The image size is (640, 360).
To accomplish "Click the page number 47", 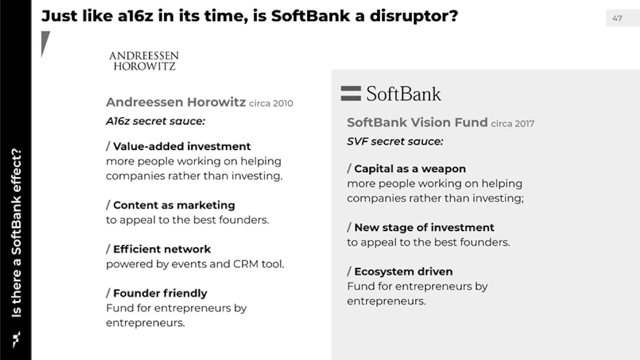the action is pos(617,18).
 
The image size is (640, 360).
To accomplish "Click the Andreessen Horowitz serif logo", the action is pos(144,61).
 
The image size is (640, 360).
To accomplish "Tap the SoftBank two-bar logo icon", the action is pos(351,93).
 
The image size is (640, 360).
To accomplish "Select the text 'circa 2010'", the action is pos(271,103).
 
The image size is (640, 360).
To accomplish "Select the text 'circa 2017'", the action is pos(512,123).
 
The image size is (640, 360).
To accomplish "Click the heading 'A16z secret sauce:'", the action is pos(156,121).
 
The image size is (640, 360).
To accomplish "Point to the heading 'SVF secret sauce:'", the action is pos(395,141).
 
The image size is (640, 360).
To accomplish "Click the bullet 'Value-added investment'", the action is pos(182,146).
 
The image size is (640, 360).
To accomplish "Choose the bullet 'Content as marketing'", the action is pos(174,205).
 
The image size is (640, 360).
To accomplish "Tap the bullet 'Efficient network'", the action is pos(162,249).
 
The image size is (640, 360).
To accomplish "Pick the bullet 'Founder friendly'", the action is pos(160,293).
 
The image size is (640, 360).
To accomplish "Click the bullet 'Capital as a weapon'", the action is pos(410,168).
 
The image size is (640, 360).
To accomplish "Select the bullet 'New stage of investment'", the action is pos(424,227).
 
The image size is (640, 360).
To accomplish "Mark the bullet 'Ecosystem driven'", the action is pos(403,271).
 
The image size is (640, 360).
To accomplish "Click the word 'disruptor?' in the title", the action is pos(414,16).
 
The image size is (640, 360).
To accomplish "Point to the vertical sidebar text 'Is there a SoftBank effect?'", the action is pos(17,232).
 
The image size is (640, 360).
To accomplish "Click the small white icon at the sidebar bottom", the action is pos(17,339).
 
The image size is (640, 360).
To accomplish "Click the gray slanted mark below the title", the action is pos(45,43).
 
